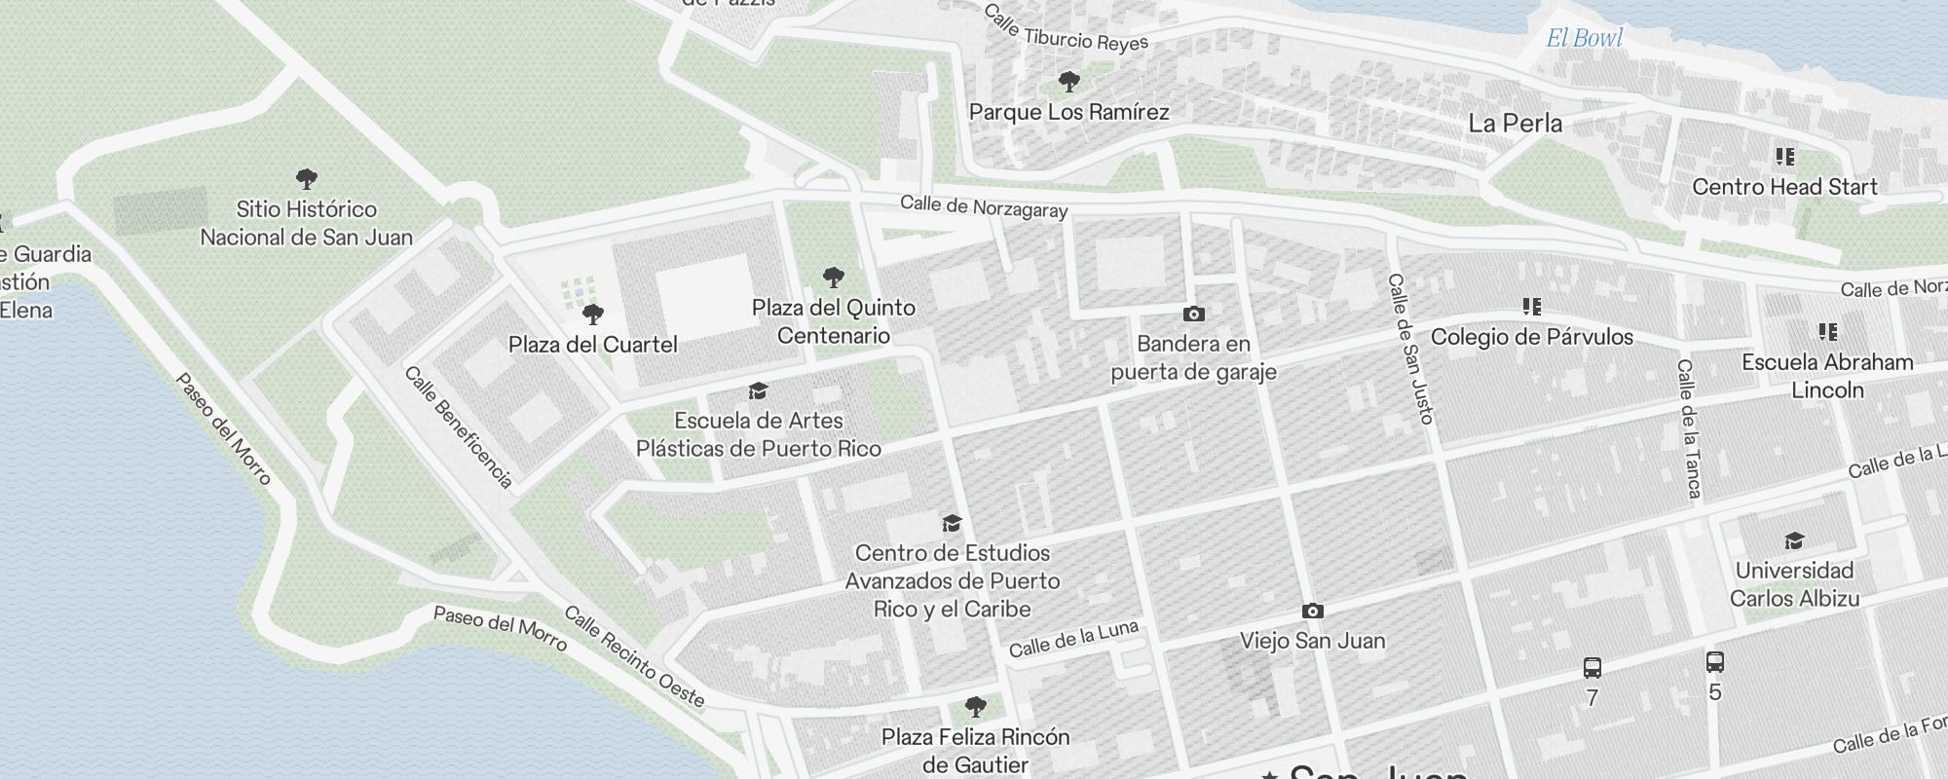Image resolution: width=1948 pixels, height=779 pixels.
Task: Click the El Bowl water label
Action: tap(1585, 38)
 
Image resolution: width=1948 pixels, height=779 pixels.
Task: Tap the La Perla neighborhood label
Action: tap(1515, 124)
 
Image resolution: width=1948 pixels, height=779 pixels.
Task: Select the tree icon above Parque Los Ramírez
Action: tap(1068, 82)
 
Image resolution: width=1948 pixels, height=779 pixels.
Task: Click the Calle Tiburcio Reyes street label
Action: tap(1066, 30)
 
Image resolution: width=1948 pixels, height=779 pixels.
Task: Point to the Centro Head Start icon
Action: tap(1784, 157)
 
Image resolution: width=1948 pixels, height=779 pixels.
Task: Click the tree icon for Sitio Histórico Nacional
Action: tap(307, 179)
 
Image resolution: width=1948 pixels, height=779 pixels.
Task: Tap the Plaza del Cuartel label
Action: tap(592, 345)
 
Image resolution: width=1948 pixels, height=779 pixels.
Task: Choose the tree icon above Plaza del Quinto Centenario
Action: tap(833, 278)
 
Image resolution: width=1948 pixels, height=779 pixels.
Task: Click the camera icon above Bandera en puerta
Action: tap(1193, 314)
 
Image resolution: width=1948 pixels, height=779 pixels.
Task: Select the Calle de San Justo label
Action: tap(1411, 349)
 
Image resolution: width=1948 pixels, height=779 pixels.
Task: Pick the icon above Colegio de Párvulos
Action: tap(1531, 308)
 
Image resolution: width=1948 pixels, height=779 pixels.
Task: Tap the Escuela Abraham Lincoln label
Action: tap(1827, 376)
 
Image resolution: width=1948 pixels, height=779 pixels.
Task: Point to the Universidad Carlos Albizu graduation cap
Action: tap(1794, 540)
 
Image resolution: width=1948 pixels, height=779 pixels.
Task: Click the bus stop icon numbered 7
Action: tap(1592, 668)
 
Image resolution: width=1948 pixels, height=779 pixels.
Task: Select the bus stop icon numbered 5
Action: tap(1715, 662)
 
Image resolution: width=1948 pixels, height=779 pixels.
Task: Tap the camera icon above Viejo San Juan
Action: tap(1312, 612)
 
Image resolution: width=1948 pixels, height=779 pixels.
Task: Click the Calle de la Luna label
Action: tap(1073, 639)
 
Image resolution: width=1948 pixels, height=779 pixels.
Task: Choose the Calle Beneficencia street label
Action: tap(458, 427)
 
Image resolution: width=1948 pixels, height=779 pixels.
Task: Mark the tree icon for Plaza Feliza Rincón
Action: tap(975, 706)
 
